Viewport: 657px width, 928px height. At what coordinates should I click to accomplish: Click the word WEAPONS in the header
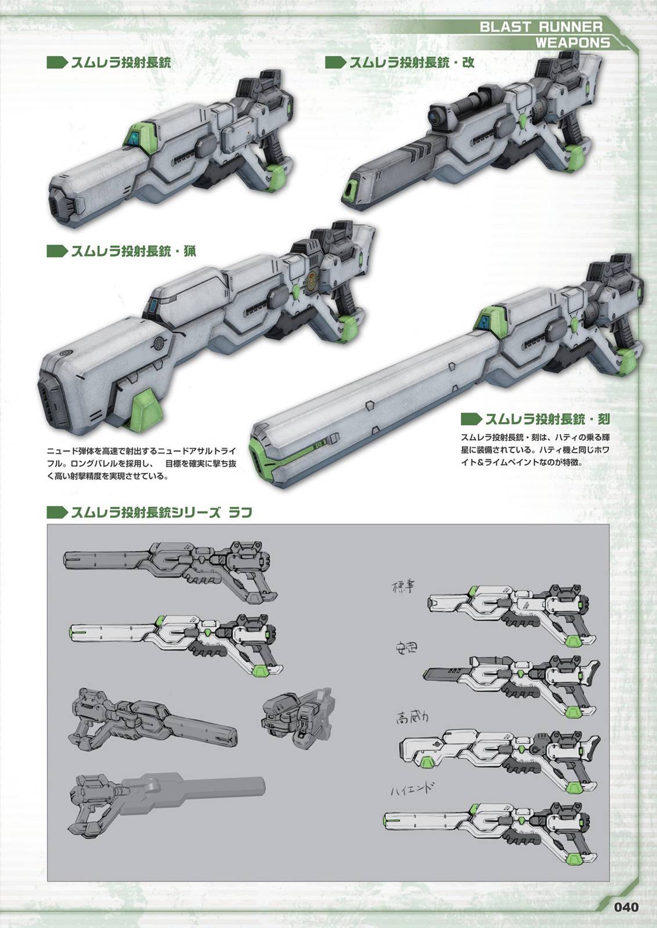pyautogui.click(x=572, y=42)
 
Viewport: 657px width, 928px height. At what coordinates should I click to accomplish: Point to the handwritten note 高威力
pyautogui.click(x=412, y=717)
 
